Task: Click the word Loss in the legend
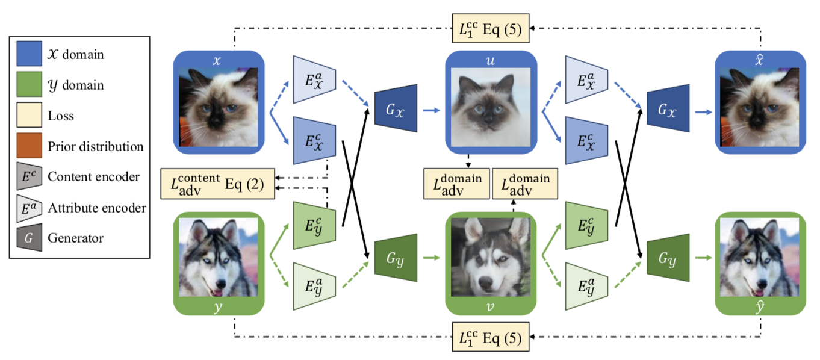(61, 116)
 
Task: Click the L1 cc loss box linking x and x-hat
(491, 28)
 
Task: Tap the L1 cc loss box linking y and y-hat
(491, 336)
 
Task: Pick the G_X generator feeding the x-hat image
(667, 111)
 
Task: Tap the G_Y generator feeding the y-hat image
(667, 259)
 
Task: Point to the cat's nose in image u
(489, 112)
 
